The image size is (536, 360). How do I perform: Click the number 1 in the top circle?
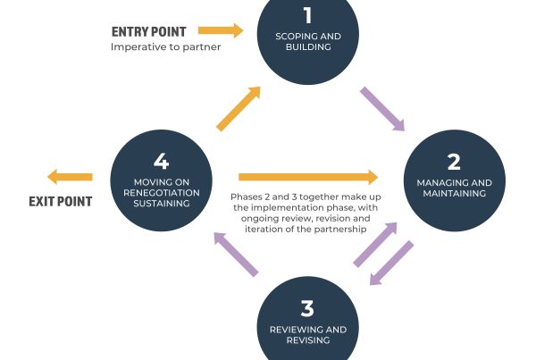(x=308, y=15)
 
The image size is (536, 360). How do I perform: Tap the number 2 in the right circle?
(x=454, y=162)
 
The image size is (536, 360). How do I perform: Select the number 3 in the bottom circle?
(x=307, y=308)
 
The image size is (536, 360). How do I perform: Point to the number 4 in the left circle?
(x=161, y=161)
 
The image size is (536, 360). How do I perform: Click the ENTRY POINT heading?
(x=148, y=32)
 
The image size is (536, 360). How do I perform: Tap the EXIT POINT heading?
(x=61, y=201)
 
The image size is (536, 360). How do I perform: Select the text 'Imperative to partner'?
(x=165, y=46)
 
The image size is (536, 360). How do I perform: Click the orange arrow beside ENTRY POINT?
(x=221, y=30)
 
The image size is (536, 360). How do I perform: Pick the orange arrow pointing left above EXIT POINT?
(x=70, y=177)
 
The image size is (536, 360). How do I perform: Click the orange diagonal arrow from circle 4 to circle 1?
(x=239, y=109)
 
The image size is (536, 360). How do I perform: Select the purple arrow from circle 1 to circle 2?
(x=382, y=109)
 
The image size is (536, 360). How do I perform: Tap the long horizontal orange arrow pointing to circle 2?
(x=308, y=177)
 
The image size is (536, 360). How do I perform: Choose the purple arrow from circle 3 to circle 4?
(x=236, y=255)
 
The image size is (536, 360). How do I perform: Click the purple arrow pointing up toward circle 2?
(x=375, y=245)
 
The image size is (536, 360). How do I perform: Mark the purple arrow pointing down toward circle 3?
(x=392, y=263)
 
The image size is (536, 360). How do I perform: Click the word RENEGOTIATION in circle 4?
(x=162, y=193)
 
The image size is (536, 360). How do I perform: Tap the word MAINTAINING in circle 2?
(x=455, y=194)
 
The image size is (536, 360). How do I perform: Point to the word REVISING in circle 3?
(x=308, y=340)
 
